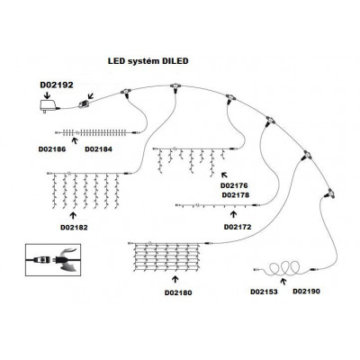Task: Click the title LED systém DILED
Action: tap(148, 61)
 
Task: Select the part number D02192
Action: tap(57, 85)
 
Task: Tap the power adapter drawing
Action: tap(49, 106)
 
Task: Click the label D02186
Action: tap(52, 149)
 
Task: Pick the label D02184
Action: tap(98, 149)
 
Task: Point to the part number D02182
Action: tap(74, 228)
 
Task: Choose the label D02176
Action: tap(234, 185)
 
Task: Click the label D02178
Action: tap(236, 195)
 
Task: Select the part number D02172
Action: tap(238, 227)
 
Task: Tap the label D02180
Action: tap(178, 292)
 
